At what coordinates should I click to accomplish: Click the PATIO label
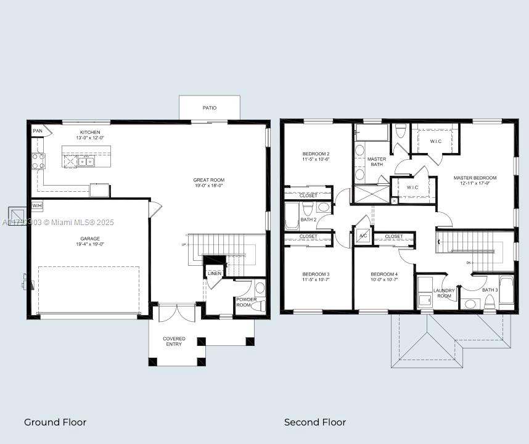pyautogui.click(x=210, y=108)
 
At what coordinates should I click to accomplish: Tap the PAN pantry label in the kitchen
pyautogui.click(x=38, y=131)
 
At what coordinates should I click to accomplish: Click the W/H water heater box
pyautogui.click(x=37, y=205)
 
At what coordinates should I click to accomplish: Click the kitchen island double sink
pyautogui.click(x=86, y=162)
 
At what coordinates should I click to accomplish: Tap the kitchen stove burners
pyautogui.click(x=38, y=161)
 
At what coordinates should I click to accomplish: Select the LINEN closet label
pyautogui.click(x=214, y=273)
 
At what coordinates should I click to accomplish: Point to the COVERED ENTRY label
pyautogui.click(x=174, y=341)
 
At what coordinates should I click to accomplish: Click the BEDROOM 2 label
pyautogui.click(x=316, y=156)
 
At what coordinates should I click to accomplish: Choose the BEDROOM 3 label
pyautogui.click(x=316, y=276)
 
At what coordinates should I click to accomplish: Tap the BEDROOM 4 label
pyautogui.click(x=384, y=276)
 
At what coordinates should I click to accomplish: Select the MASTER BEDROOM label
pyautogui.click(x=475, y=180)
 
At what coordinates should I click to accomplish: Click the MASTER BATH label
pyautogui.click(x=377, y=162)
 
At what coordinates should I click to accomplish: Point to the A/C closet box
pyautogui.click(x=363, y=236)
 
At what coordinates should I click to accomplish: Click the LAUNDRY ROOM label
pyautogui.click(x=444, y=293)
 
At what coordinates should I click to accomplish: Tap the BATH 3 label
pyautogui.click(x=490, y=290)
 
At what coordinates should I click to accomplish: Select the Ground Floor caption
pyautogui.click(x=55, y=422)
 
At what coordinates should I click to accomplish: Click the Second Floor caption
pyautogui.click(x=314, y=422)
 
